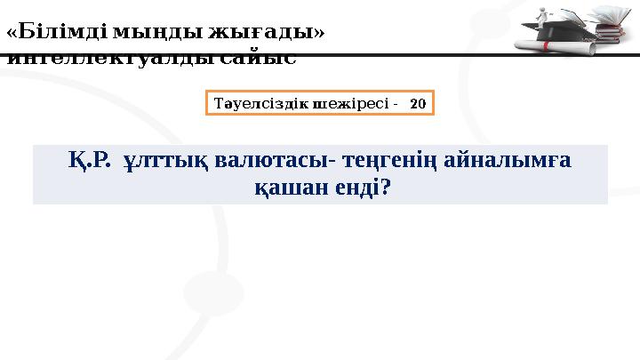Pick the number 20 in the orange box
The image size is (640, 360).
(418, 103)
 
